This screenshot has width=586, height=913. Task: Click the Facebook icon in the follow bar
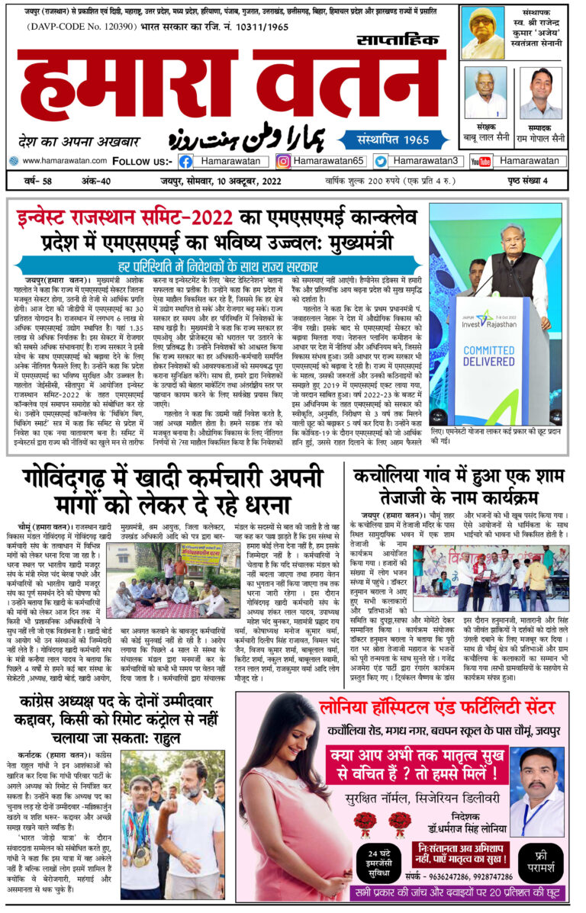(x=185, y=162)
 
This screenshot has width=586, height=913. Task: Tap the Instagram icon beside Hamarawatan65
(x=283, y=162)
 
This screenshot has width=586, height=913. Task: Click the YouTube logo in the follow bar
(x=481, y=162)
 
